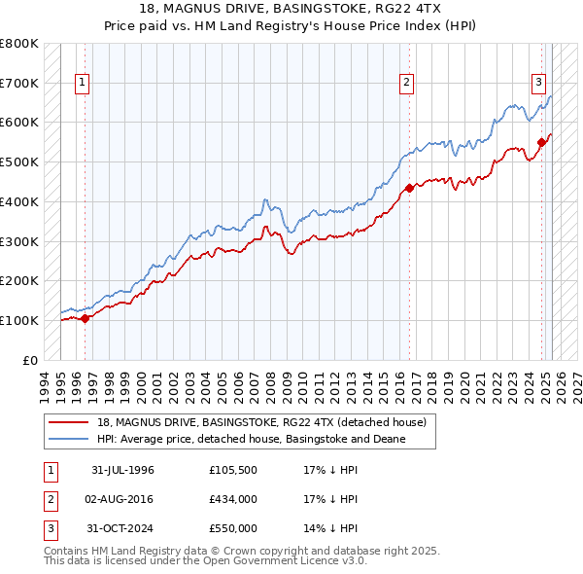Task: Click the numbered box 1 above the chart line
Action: (x=84, y=84)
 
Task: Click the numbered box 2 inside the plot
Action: (x=406, y=84)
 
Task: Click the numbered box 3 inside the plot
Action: (x=537, y=84)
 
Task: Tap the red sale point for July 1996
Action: (x=85, y=317)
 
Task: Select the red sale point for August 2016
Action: (x=409, y=188)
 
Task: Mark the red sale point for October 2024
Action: (x=541, y=142)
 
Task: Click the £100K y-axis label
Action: (x=18, y=320)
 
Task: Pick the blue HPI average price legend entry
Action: (x=251, y=440)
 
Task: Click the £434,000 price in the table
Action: (x=233, y=499)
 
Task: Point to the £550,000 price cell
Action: (x=233, y=528)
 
